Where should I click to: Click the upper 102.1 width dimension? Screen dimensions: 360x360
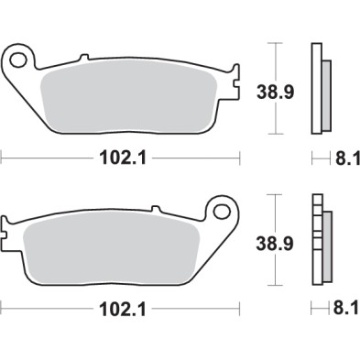coord(119,158)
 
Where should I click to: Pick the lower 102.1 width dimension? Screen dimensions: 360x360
coord(119,309)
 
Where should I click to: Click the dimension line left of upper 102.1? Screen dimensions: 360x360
coord(46,158)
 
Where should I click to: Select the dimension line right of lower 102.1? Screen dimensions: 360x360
coord(192,309)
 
